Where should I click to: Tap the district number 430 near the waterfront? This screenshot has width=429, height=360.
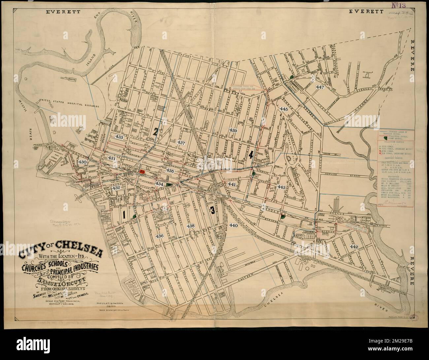[x=82, y=162]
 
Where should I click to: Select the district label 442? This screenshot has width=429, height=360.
[x=354, y=247]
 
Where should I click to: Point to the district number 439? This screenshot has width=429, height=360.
[x=233, y=131]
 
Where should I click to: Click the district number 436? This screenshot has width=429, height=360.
[x=160, y=236]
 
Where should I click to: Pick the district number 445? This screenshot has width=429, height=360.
[x=283, y=109]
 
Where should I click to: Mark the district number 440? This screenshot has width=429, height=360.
[x=234, y=225]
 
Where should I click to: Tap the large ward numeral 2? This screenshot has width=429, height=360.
[x=155, y=132]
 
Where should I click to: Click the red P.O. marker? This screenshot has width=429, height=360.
[x=142, y=172]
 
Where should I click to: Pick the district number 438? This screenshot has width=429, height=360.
[x=191, y=226]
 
